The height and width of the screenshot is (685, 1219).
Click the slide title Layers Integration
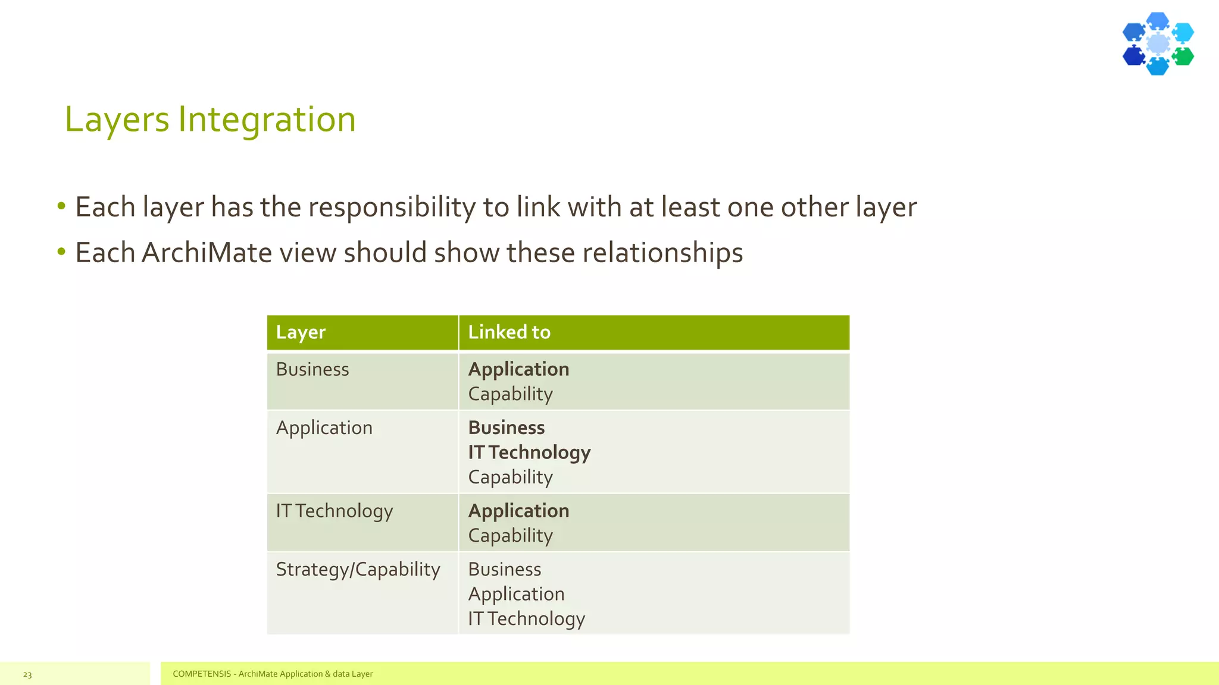210,119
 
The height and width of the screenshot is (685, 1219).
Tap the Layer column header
301,332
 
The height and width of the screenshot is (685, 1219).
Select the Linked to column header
509,332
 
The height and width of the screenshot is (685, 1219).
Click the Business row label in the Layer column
312,369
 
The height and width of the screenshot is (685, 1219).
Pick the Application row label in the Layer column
324,428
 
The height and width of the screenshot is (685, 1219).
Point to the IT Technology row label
335,511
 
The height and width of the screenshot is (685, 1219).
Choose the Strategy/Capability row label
358,569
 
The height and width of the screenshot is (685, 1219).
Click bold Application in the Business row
518,369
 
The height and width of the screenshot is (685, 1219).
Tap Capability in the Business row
511,394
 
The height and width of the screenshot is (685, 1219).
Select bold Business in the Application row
507,428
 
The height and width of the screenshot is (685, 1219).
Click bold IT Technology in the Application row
529,453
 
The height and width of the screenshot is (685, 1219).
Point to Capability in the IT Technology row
511,535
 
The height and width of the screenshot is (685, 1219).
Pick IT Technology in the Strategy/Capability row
527,618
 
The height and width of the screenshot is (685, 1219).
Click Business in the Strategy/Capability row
505,569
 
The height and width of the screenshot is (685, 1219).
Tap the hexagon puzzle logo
1158,44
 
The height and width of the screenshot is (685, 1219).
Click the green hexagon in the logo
1183,56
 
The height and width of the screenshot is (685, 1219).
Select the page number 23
27,674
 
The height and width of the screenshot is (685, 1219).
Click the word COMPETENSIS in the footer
202,674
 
